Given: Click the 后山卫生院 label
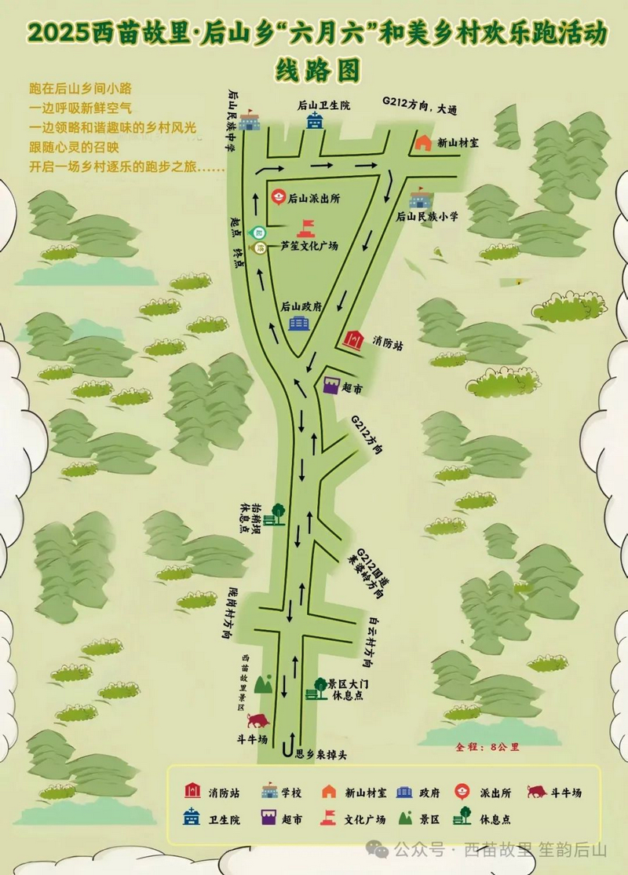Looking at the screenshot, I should (323, 104).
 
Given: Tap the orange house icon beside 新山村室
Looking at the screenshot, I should (423, 142).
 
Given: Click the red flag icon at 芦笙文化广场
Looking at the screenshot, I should (305, 228).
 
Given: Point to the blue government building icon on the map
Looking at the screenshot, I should (298, 324).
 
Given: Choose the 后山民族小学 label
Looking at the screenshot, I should (427, 215).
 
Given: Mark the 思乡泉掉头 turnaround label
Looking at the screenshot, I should (320, 755).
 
